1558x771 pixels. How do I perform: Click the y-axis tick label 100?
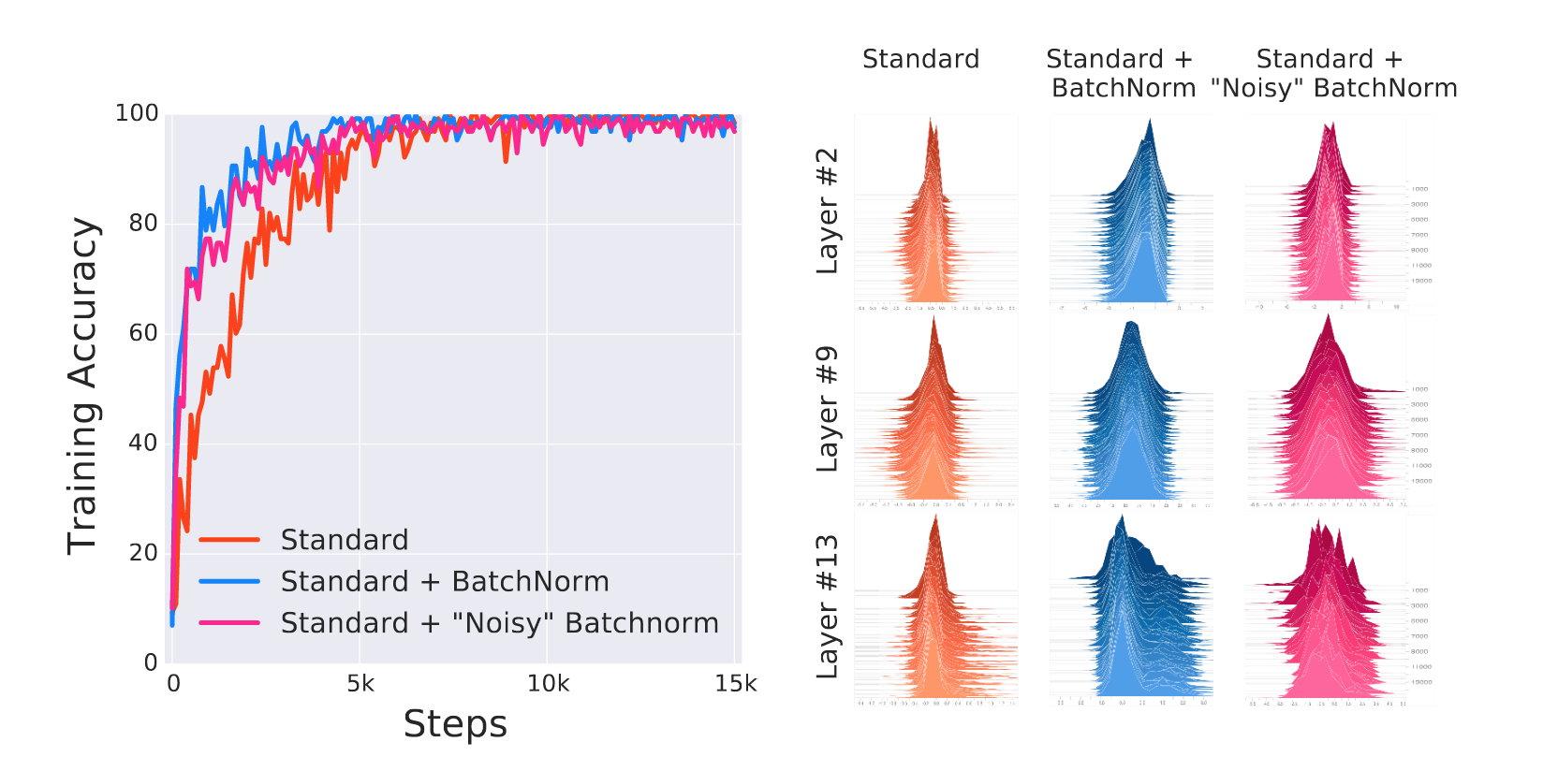coord(137,113)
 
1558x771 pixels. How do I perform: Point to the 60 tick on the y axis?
coord(143,333)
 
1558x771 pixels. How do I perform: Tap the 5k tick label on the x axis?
coord(360,684)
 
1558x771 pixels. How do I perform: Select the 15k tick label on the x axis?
coord(735,684)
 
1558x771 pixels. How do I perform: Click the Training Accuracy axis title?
coord(83,385)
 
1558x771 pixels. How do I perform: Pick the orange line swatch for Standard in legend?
coord(229,540)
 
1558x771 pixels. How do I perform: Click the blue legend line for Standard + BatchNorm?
coord(229,581)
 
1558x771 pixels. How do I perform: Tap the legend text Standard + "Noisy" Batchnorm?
coord(499,623)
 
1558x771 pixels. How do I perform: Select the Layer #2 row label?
coord(827,211)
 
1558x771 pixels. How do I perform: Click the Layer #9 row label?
coord(827,409)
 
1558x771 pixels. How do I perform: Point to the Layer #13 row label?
coord(827,607)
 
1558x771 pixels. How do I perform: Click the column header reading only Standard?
coord(920,60)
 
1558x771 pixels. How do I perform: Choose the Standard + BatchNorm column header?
coord(1121,74)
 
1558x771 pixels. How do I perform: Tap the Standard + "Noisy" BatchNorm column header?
coord(1332,74)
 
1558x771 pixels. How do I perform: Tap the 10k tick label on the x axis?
coord(548,684)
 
